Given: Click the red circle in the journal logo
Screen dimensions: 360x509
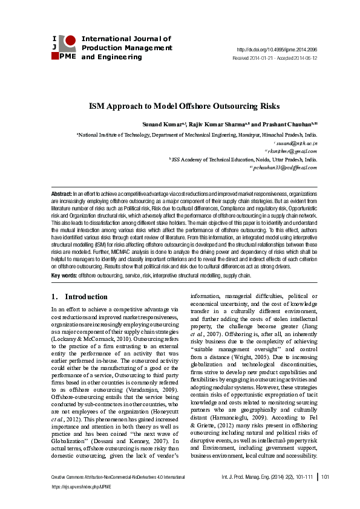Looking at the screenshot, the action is coord(70,41).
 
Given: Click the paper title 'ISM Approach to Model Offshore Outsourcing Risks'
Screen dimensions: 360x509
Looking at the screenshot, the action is coord(180,106).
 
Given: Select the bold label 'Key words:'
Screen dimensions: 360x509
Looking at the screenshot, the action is coord(64,275).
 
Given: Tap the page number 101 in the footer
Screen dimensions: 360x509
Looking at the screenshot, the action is coord(325,478).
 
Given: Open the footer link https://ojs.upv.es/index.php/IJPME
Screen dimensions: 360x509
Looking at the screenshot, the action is coord(82,486).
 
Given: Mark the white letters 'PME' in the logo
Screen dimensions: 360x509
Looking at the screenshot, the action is coord(68,56).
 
